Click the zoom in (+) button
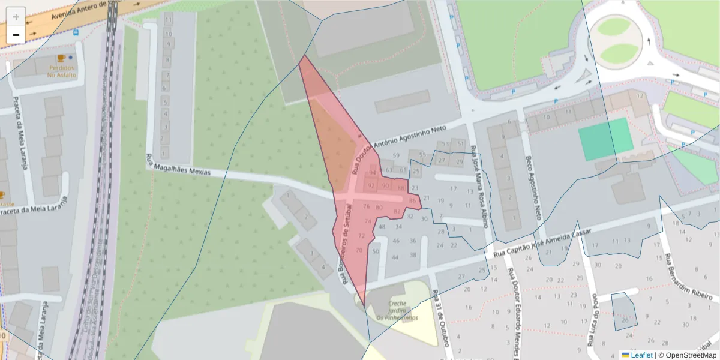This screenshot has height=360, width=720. tap(16, 17)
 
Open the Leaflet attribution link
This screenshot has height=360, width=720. tap(641, 355)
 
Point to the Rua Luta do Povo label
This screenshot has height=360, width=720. tap(592, 321)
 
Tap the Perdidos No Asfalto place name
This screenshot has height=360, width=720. tap(62, 71)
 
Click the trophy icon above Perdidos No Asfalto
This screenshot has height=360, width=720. tap(61, 58)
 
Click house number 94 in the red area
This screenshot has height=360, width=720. tap(373, 173)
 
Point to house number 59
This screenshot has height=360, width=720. tap(396, 156)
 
